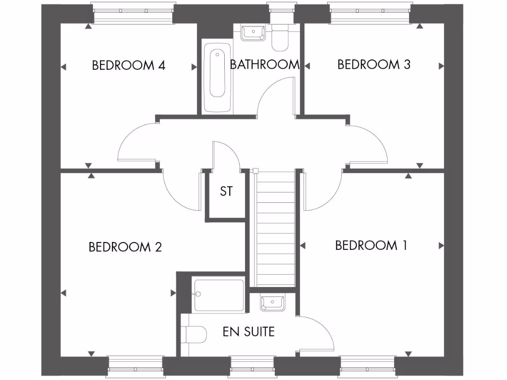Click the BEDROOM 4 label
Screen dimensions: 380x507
128,65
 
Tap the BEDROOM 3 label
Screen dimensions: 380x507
374,64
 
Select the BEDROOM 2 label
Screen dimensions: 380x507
125,247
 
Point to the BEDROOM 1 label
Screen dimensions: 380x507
371,245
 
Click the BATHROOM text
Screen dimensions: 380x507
264,64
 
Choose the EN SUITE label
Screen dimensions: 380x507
249,332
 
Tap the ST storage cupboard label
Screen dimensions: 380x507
226,191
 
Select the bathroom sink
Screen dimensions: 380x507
253,33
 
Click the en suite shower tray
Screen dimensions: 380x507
218,295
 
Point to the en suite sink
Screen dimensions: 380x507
271,302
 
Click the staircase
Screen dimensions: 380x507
275,228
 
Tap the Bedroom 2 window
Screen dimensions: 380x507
135,366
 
